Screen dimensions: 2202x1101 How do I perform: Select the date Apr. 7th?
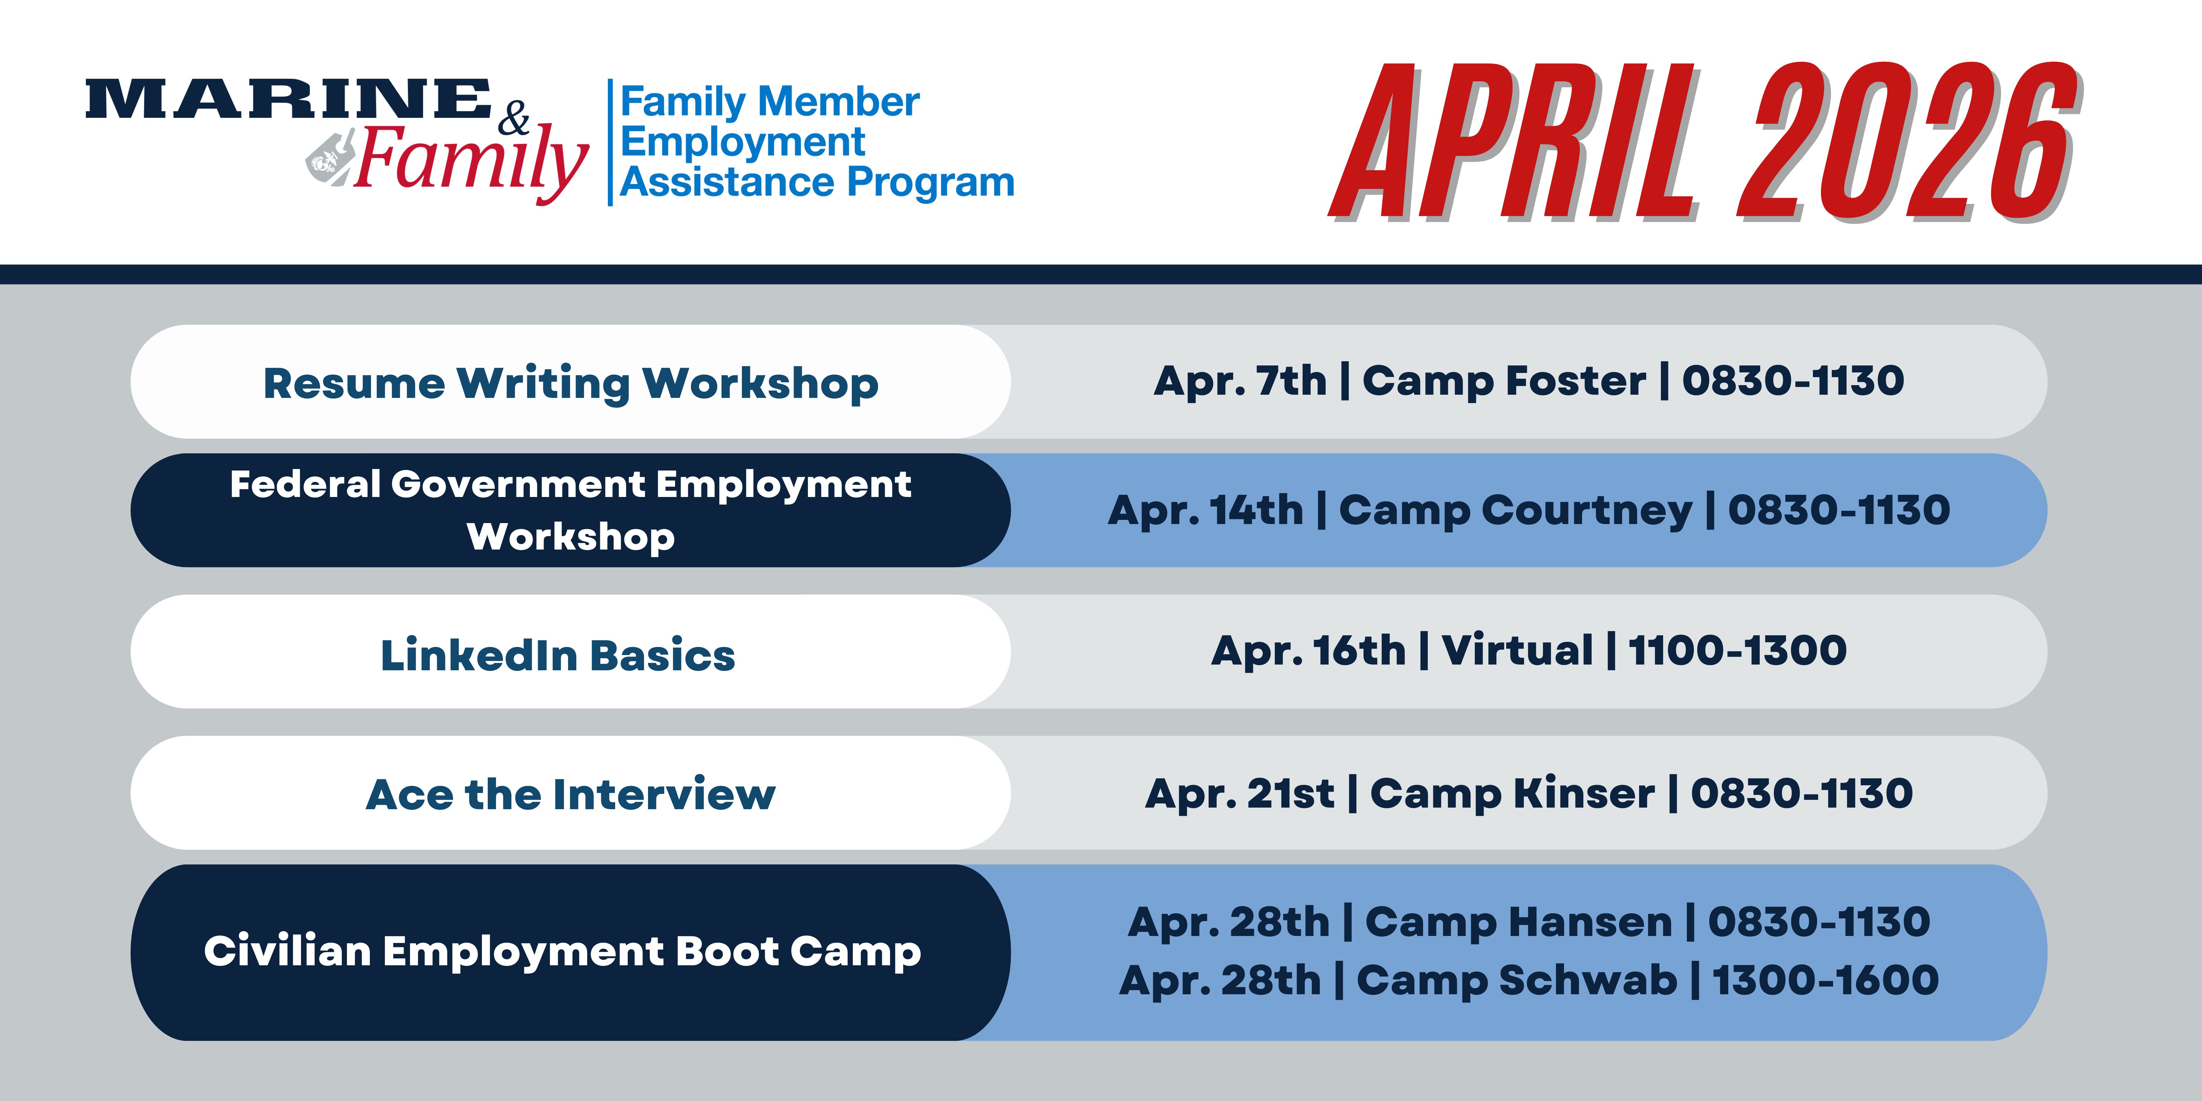pos(1240,381)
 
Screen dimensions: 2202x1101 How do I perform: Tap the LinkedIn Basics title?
pos(557,656)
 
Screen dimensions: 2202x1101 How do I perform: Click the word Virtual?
pos(1517,651)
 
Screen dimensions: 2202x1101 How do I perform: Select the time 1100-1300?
pos(1737,651)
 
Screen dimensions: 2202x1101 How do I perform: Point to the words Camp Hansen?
pos(1518,922)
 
